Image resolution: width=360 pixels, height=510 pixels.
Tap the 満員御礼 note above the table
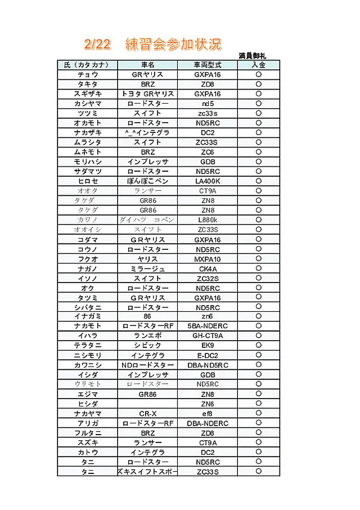252,56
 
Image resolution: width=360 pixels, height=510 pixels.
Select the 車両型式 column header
207,65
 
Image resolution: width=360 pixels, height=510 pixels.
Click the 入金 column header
259,65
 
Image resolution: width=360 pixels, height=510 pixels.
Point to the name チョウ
87,74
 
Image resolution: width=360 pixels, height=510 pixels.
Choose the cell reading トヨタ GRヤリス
148,93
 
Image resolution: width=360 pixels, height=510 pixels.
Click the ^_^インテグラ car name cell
148,132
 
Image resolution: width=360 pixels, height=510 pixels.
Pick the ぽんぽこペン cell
148,181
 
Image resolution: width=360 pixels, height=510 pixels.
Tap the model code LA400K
207,181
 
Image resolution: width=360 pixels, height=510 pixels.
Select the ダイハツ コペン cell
148,220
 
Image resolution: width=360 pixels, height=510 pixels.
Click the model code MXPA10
207,259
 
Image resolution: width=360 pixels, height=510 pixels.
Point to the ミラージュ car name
148,269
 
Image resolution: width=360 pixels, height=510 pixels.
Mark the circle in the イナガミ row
259,317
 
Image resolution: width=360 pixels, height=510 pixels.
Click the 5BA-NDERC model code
207,326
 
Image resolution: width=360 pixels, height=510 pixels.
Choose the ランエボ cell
148,336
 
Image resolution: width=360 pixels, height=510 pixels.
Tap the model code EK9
207,346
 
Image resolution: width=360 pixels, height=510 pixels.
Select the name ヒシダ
87,404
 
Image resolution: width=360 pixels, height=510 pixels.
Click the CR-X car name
148,414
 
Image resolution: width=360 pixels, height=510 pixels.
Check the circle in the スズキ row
259,442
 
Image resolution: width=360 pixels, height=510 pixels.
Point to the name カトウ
87,453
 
